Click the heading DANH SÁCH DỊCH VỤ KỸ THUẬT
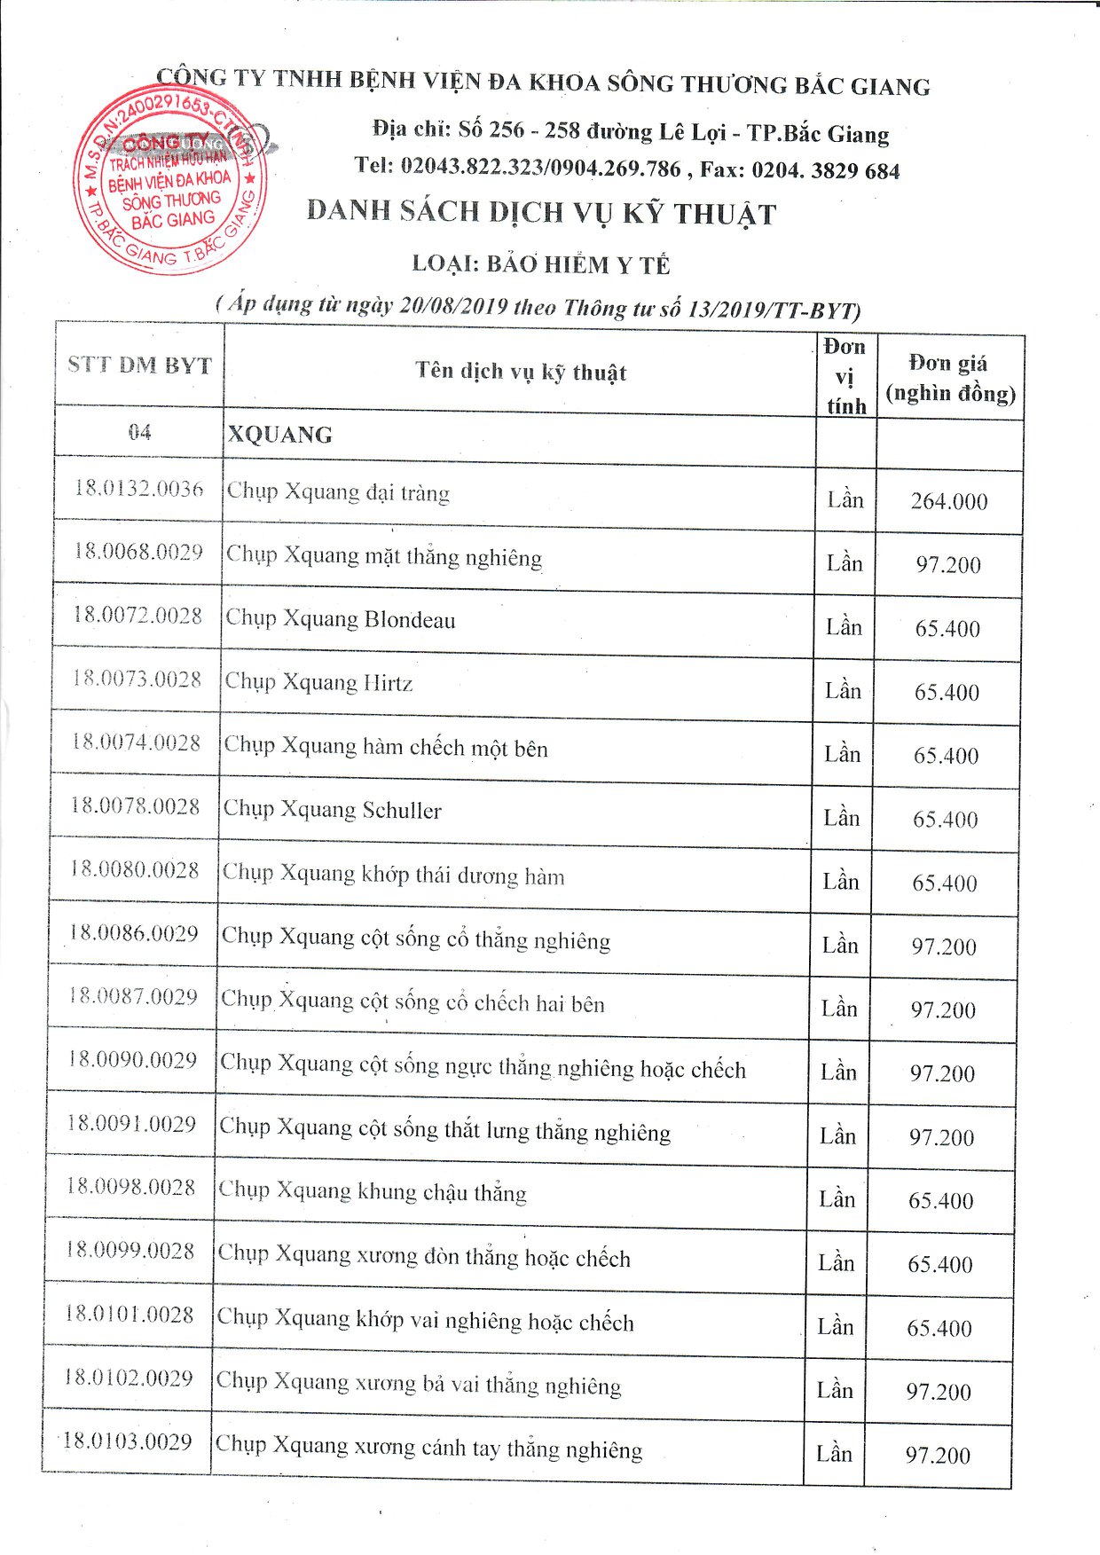coord(541,213)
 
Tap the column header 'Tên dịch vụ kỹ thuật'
coord(521,371)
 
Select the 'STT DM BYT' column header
coord(139,365)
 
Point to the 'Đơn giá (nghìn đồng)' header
coord(950,378)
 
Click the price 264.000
coord(948,501)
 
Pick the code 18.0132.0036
coord(138,489)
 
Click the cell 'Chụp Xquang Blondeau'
coord(341,619)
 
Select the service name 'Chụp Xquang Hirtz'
coord(318,682)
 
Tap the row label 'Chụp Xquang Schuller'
coord(332,810)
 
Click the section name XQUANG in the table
coord(280,435)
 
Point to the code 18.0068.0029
coord(137,552)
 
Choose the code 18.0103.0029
coord(127,1441)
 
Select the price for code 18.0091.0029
coord(941,1137)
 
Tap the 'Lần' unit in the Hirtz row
coord(843,690)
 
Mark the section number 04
coord(139,432)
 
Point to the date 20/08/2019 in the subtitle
coord(453,306)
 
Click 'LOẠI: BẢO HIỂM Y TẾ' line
coord(541,264)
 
